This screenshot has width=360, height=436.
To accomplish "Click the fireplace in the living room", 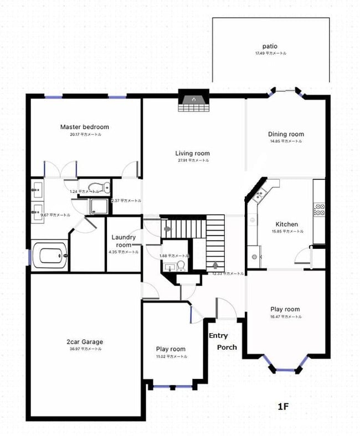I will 193,100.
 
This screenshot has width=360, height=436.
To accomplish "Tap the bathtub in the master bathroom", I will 50,257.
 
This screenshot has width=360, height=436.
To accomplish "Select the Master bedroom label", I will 84,127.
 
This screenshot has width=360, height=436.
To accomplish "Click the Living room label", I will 192,153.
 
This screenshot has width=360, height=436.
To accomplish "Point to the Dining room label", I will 286,134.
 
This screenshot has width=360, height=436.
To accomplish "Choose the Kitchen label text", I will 286,224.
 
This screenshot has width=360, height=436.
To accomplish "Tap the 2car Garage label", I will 84,341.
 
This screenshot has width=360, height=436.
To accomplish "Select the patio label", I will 270,46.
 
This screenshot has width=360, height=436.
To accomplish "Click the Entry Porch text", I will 223,341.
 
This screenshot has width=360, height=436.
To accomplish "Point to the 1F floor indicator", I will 284,407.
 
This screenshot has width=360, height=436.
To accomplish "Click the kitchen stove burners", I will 319,209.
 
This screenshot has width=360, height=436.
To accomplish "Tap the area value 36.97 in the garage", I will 84,349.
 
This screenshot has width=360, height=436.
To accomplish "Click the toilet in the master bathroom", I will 95,187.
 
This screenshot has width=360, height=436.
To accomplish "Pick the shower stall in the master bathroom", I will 99,206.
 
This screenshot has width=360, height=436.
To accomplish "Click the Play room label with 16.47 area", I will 285,309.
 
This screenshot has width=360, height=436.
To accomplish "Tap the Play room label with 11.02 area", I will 170,349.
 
